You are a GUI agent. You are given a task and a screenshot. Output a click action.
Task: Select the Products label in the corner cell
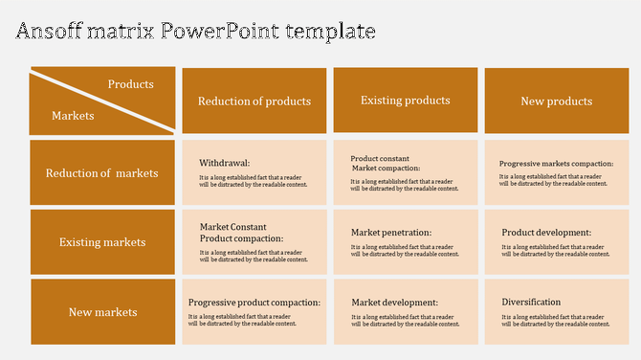pyautogui.click(x=131, y=84)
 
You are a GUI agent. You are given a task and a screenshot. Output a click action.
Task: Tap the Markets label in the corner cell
pyautogui.click(x=73, y=116)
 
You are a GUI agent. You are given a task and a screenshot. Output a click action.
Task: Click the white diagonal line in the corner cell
pyautogui.click(x=102, y=100)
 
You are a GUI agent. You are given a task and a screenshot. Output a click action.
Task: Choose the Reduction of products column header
pyautogui.click(x=254, y=101)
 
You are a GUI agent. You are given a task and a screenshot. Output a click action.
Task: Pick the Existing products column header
pyautogui.click(x=405, y=101)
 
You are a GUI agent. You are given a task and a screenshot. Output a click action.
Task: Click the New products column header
pyautogui.click(x=556, y=101)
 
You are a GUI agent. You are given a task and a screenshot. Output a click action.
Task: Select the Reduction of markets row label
pyautogui.click(x=102, y=173)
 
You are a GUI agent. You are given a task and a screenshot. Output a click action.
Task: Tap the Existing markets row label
pyautogui.click(x=102, y=242)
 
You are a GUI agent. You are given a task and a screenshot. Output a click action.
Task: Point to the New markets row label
pyautogui.click(x=102, y=312)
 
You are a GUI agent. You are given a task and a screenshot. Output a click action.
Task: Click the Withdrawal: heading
pyautogui.click(x=224, y=163)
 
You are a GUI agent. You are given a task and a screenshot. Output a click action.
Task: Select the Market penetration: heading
pyautogui.click(x=391, y=232)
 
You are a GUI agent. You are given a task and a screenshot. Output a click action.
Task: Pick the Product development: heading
pyautogui.click(x=546, y=232)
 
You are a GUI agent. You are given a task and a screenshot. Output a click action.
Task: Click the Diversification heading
pyautogui.click(x=531, y=303)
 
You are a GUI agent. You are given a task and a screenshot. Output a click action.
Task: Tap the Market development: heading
pyautogui.click(x=394, y=303)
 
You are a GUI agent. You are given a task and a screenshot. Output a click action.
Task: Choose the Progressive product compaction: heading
pyautogui.click(x=254, y=303)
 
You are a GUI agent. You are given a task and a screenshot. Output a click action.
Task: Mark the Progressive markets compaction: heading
pyautogui.click(x=556, y=163)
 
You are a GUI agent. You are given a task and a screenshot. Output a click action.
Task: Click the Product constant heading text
pyautogui.click(x=380, y=158)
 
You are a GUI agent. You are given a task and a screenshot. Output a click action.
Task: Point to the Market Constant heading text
pyautogui.click(x=232, y=227)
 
